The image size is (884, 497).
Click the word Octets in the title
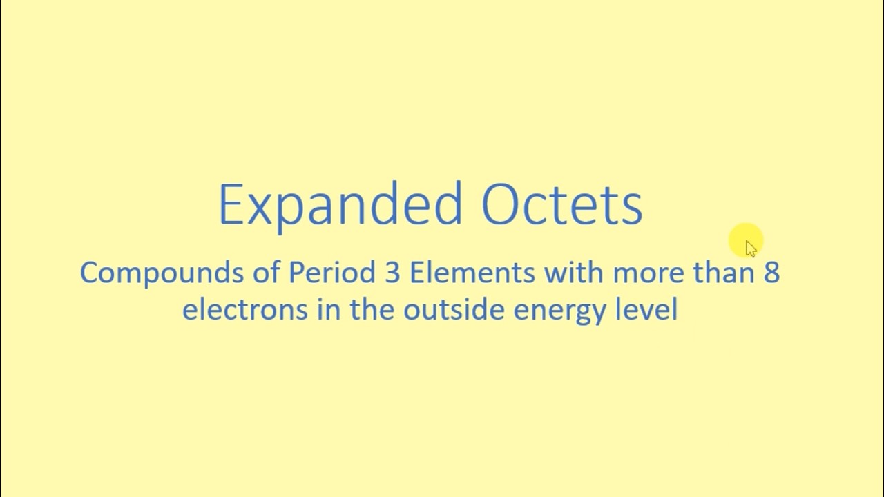(x=561, y=205)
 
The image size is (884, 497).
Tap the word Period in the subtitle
(x=331, y=273)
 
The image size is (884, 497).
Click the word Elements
(x=472, y=273)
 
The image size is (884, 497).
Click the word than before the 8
(x=724, y=273)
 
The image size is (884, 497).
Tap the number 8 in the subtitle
(x=771, y=273)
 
